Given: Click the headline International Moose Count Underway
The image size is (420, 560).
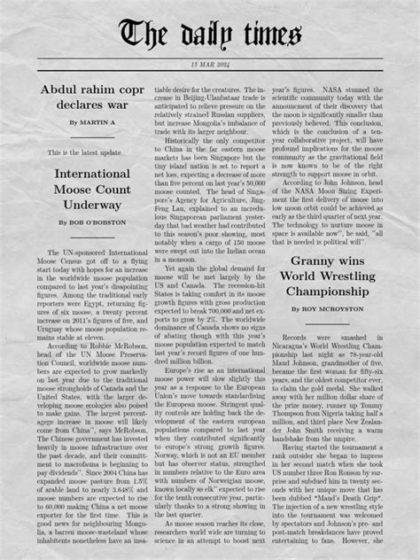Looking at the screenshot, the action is [92, 190].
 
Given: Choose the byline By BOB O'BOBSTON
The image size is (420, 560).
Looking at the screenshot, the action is [92, 222].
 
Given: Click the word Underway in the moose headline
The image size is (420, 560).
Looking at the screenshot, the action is [92, 205].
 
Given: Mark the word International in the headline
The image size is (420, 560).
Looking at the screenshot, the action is [92, 174].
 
